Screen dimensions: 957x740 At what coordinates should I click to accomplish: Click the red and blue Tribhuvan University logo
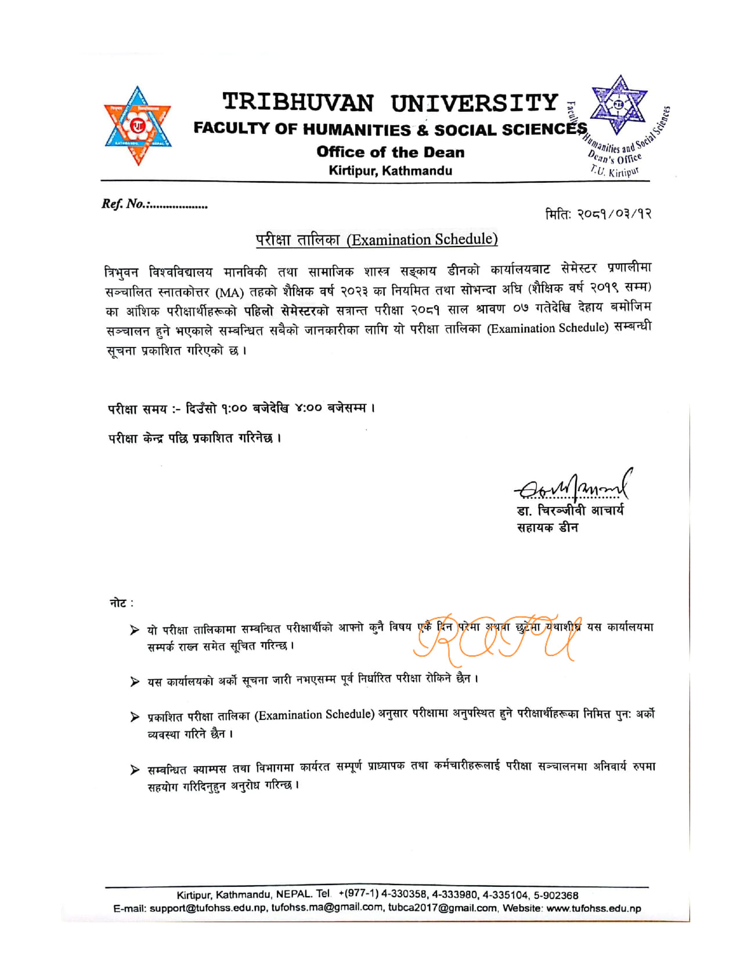(138, 125)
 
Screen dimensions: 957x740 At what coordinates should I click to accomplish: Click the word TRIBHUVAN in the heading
(298, 103)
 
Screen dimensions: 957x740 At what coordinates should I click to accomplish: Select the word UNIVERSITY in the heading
(474, 103)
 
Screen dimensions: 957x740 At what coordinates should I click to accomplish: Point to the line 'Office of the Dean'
(390, 153)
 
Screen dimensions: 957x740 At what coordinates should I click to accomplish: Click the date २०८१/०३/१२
(614, 213)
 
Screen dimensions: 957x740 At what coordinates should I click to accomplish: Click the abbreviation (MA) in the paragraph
(229, 292)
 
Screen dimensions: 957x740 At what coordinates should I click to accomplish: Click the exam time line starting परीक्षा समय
(241, 409)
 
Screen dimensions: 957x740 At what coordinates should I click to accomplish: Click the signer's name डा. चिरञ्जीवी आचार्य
(570, 511)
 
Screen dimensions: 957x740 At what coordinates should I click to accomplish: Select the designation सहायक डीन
(547, 528)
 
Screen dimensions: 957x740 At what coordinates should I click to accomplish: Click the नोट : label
(121, 603)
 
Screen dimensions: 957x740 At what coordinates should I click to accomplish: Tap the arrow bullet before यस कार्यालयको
(135, 681)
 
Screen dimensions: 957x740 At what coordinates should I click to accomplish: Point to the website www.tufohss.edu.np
(593, 908)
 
